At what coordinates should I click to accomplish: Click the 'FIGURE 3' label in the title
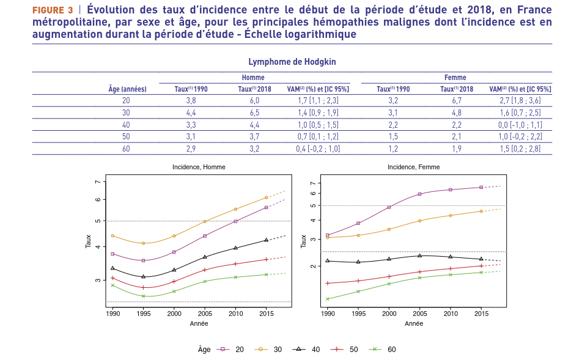(53, 10)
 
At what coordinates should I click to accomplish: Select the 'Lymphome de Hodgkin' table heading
(292, 62)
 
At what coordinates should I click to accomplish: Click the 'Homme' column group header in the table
(253, 78)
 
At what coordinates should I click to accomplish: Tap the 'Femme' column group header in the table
(455, 78)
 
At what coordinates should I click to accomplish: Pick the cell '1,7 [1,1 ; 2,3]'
(318, 100)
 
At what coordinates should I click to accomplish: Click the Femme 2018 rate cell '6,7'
(457, 100)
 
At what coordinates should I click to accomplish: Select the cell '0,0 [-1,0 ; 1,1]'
(520, 124)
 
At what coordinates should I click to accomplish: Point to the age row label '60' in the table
(127, 148)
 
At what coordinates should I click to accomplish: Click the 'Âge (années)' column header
(127, 89)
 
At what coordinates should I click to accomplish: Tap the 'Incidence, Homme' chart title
(198, 167)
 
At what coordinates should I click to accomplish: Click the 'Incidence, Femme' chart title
(413, 167)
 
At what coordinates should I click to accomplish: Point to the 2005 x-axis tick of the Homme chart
(205, 314)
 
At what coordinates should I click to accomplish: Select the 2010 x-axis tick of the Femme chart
(451, 314)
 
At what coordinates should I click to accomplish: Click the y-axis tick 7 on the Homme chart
(97, 182)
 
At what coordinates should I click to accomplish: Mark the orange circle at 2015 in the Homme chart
(266, 197)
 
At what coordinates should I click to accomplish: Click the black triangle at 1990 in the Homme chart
(112, 268)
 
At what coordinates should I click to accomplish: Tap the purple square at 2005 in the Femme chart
(420, 194)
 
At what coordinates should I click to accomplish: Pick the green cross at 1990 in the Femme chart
(328, 299)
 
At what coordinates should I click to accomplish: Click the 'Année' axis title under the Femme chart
(413, 323)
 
